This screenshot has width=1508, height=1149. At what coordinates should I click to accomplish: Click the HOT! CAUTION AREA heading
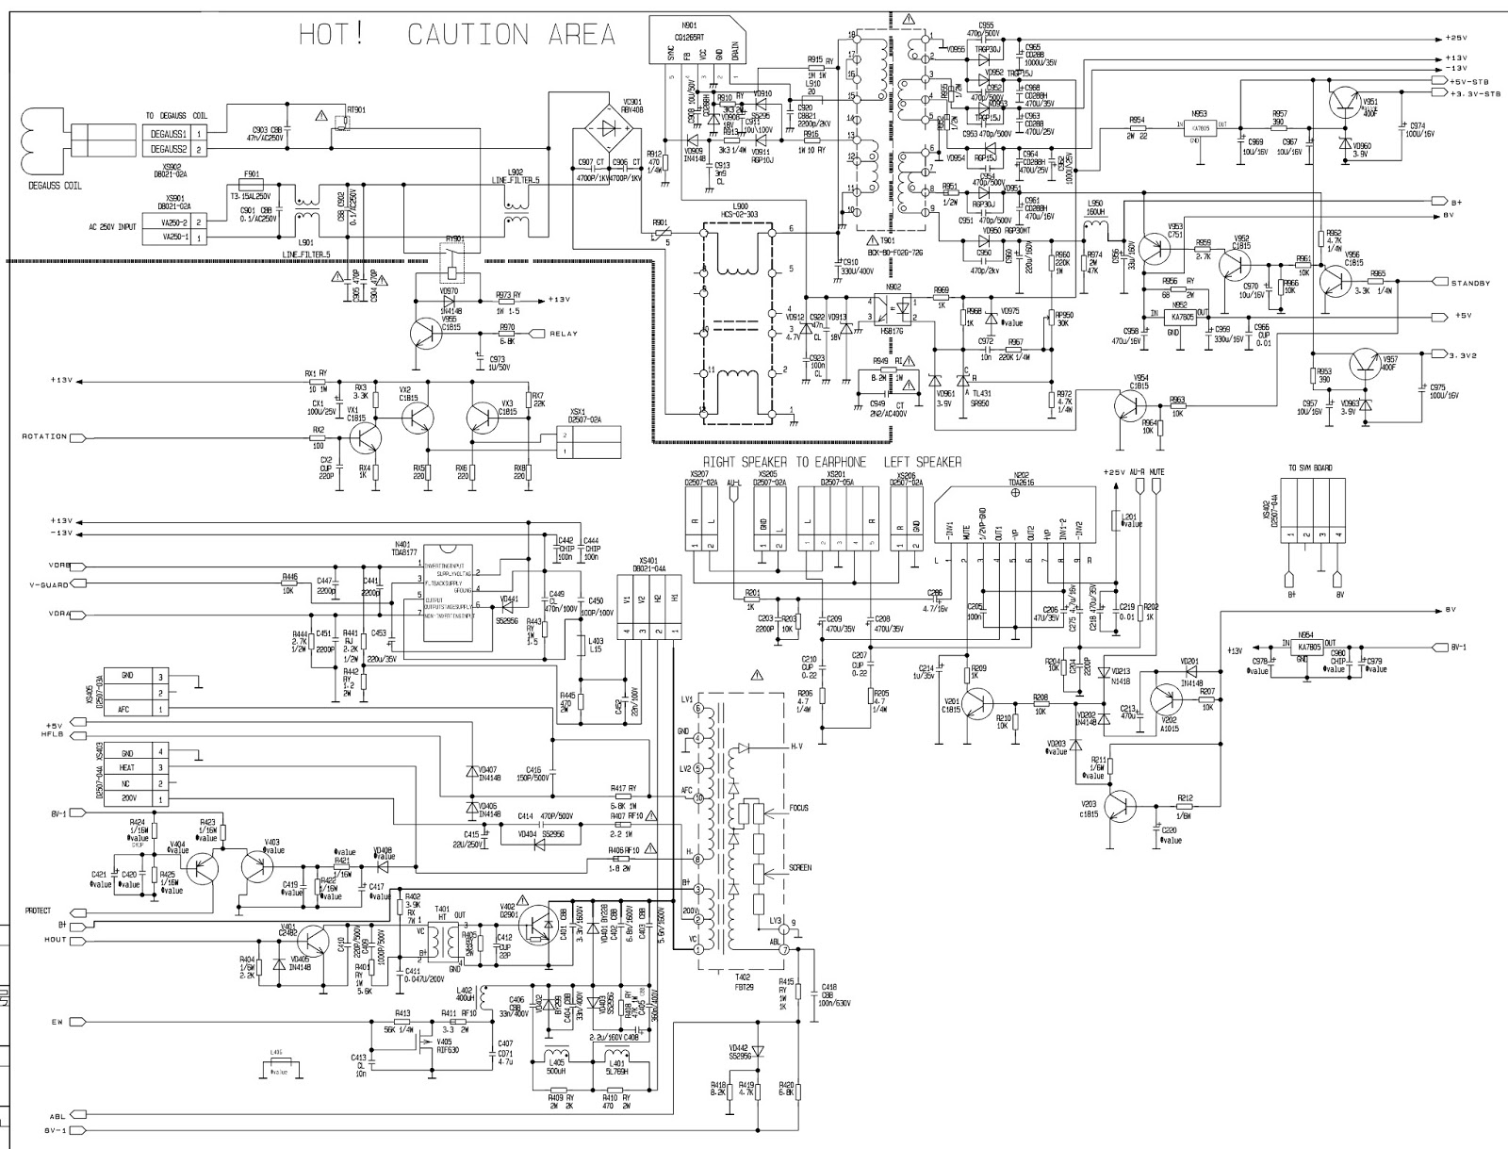(457, 35)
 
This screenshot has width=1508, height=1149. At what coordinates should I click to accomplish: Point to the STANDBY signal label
(1470, 283)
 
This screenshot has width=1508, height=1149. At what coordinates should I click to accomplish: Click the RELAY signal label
(564, 333)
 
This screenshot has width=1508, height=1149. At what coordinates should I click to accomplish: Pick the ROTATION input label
(43, 436)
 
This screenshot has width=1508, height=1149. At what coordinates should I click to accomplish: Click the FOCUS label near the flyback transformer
(799, 808)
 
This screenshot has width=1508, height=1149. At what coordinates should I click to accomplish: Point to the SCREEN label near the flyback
(799, 867)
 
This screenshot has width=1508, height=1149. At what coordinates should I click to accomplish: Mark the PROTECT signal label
(38, 911)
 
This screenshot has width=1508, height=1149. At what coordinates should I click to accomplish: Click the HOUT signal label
(55, 940)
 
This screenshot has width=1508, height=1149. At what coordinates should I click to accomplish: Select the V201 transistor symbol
(979, 702)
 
